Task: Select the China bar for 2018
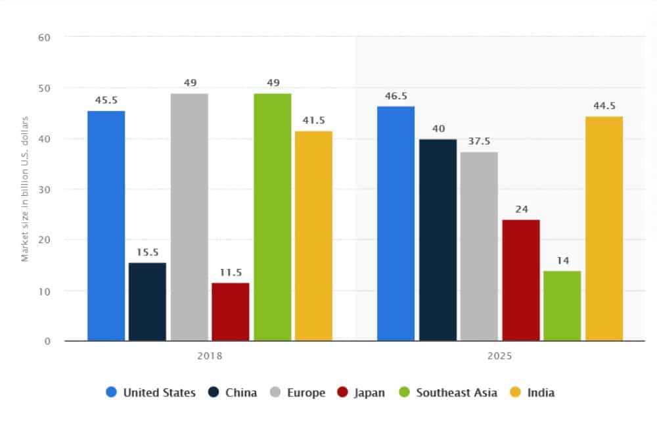point(147,302)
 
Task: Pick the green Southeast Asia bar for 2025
point(562,306)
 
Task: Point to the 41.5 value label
point(314,120)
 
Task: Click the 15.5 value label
point(147,252)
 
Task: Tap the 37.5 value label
point(479,141)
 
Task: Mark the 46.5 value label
point(396,95)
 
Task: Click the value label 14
point(562,260)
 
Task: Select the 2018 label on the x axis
point(210,356)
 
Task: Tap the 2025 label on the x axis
point(500,356)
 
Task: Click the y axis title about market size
point(26,189)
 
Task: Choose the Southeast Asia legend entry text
point(457,392)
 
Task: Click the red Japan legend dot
point(342,392)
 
